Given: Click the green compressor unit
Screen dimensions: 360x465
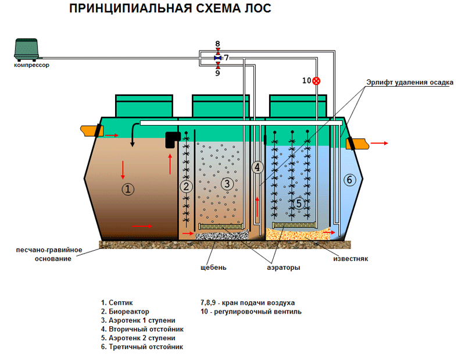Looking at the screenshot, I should tap(28, 49).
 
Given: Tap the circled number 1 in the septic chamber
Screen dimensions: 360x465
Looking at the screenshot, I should tap(128, 188).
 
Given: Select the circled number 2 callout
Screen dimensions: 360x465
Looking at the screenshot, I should tap(186, 187).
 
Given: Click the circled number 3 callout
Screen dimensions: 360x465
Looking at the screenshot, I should tap(227, 184).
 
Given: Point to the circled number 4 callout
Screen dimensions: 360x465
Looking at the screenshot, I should tap(257, 167).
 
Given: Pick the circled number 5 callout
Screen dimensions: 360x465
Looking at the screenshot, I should tap(299, 203).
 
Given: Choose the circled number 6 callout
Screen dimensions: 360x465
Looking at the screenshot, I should tap(349, 180).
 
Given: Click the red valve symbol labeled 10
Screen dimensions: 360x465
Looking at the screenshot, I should tap(316, 80).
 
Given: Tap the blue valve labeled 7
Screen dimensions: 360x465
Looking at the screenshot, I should tap(217, 58).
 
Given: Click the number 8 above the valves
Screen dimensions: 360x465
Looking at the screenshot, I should tap(217, 44).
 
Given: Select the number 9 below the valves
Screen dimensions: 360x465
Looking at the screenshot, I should tap(217, 73).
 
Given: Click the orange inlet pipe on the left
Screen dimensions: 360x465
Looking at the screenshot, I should tap(91, 130).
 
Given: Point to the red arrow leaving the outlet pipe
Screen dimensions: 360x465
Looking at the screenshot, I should tap(381, 142).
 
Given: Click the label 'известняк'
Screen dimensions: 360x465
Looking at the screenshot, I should tap(350, 258).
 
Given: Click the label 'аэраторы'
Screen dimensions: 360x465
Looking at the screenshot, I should tap(284, 268).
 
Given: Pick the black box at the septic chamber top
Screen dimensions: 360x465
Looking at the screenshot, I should tap(171, 140).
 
